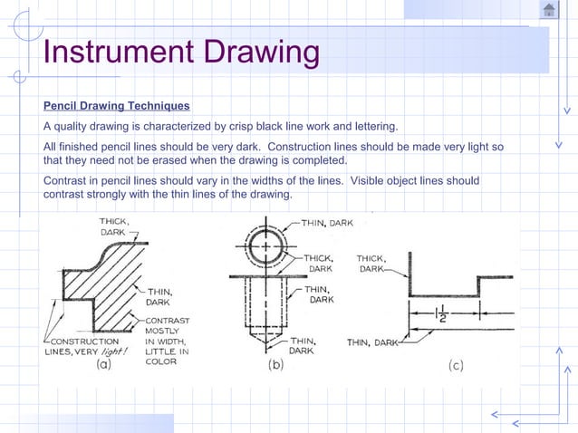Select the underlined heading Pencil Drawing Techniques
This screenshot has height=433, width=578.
point(116,106)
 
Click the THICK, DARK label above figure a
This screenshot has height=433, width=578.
point(115,226)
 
